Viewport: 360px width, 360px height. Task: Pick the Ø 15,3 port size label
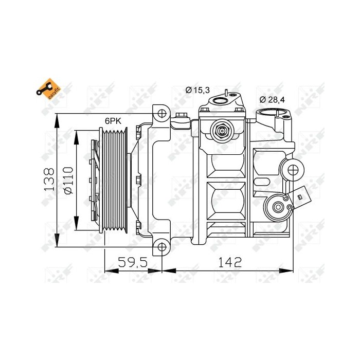(x=198, y=91)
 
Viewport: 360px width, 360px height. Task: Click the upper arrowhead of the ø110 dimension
(x=76, y=134)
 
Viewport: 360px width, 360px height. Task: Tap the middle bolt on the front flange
(x=138, y=179)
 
